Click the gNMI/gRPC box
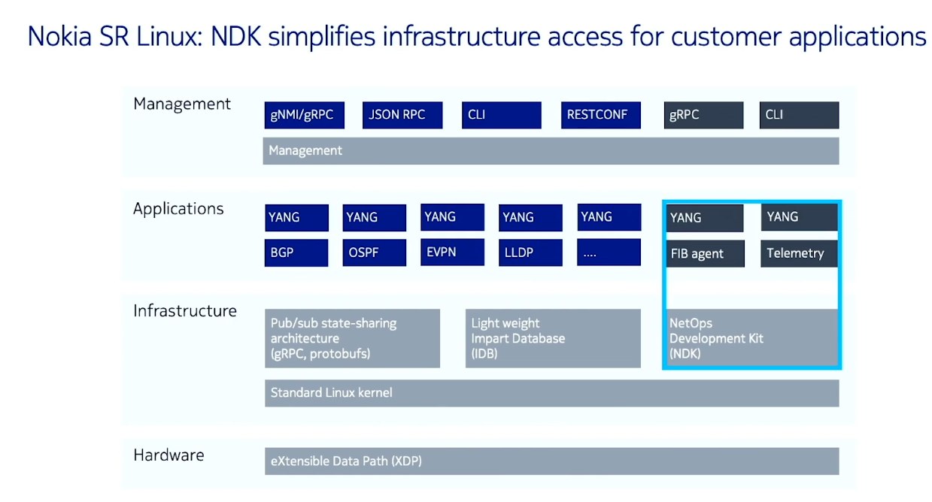click(x=304, y=115)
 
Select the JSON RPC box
click(x=402, y=115)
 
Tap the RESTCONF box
click(x=601, y=115)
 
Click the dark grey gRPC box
click(x=703, y=115)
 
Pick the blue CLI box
click(x=502, y=115)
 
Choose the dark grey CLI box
click(x=800, y=115)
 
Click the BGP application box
click(x=296, y=253)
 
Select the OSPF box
click(x=375, y=253)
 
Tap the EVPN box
click(x=452, y=253)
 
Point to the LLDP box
click(x=530, y=253)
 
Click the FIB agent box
click(x=706, y=253)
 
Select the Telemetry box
click(x=800, y=253)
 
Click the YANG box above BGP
click(x=296, y=218)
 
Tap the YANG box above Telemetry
click(x=800, y=217)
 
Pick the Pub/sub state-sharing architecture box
click(x=352, y=338)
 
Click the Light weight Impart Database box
click(x=553, y=338)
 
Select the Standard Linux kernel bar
click(x=552, y=393)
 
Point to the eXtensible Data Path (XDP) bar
click(x=552, y=461)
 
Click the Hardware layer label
click(x=169, y=455)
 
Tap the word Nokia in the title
click(x=59, y=36)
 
